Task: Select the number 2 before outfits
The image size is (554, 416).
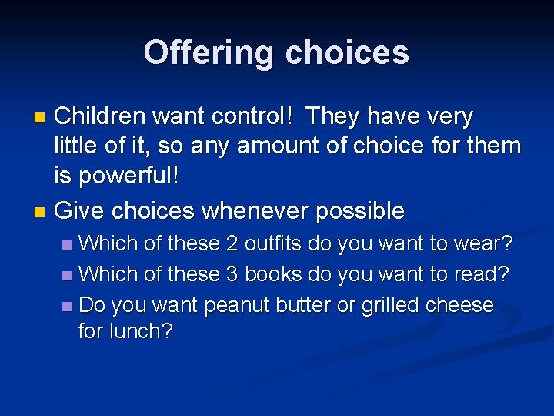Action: tap(232, 244)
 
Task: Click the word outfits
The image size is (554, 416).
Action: tap(273, 244)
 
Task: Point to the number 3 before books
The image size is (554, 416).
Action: tap(232, 274)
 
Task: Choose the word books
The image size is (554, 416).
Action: tap(272, 274)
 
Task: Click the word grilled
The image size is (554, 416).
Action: tap(389, 305)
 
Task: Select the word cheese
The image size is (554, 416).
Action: tap(459, 305)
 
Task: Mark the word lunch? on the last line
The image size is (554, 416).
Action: tap(145, 332)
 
